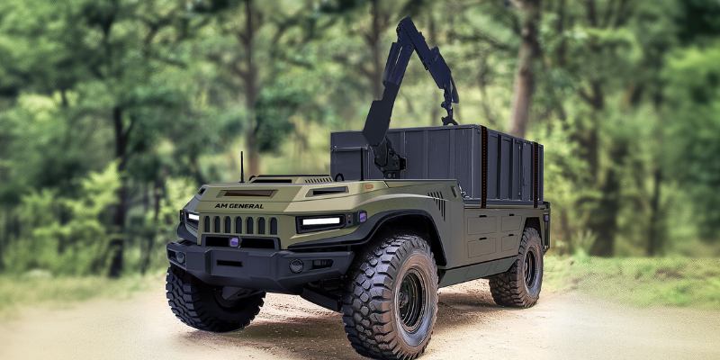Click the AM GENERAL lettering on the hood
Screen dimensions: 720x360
coord(238,206)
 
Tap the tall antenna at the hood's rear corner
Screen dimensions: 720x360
coord(242,167)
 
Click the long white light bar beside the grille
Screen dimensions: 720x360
coord(321,221)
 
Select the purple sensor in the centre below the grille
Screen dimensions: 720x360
coord(235,241)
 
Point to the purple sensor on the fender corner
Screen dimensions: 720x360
coord(362,217)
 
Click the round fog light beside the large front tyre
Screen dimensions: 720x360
coord(296,265)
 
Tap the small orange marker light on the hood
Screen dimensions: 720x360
coord(369,187)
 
